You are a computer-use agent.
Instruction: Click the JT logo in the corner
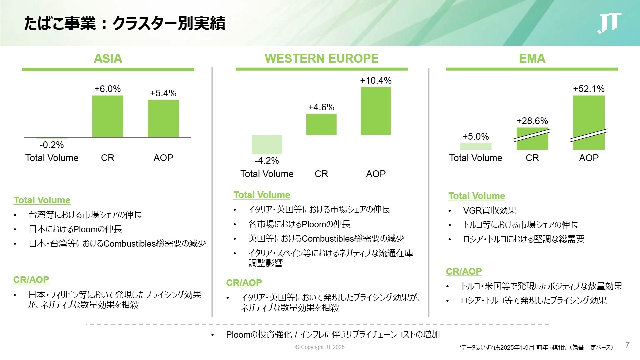609,23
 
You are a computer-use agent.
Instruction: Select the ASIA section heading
108,59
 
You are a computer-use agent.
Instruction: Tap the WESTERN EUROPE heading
322,59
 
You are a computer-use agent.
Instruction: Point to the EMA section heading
532,59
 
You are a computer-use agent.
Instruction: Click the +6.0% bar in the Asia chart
108,116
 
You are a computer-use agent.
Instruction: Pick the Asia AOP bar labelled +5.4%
163,118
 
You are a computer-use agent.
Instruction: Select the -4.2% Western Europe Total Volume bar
267,144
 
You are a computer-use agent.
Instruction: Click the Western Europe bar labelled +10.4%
376,111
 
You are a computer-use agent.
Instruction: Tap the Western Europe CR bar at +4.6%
321,124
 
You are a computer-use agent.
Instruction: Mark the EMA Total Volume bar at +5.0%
476,146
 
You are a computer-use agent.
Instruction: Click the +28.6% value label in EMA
532,121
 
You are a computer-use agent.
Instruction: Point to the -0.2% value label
52,145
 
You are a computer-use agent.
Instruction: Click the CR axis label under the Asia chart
108,158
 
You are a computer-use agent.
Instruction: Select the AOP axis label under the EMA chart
589,158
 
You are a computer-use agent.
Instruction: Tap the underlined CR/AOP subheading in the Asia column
31,280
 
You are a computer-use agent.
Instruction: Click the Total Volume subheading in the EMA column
477,196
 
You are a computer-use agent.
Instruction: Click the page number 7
627,345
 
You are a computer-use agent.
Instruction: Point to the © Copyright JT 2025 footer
320,347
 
